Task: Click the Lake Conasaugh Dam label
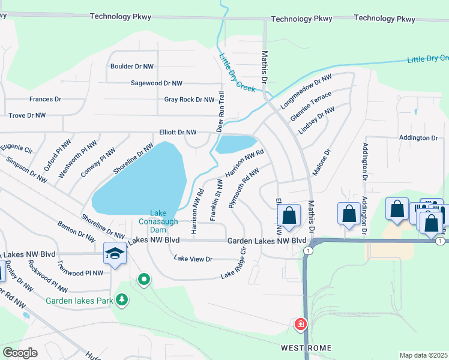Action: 158,221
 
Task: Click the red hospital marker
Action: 300,324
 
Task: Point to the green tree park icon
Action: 122,299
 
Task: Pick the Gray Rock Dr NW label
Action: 189,100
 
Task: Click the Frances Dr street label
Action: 45,99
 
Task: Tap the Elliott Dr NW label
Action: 178,132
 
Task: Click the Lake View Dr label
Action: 193,259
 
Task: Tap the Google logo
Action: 20,353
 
